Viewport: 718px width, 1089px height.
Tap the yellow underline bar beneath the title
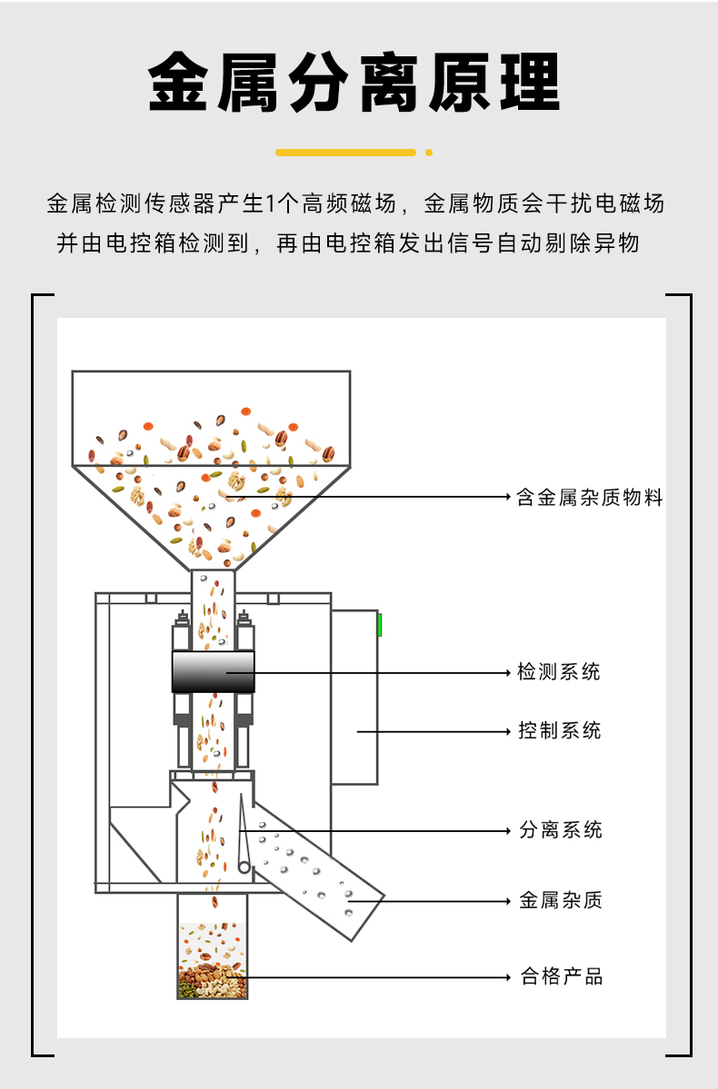[345, 153]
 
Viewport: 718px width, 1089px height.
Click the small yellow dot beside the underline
[429, 153]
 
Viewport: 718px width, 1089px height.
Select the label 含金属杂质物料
[590, 497]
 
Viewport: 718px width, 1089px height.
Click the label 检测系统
[559, 672]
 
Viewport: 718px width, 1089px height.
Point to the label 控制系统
[559, 730]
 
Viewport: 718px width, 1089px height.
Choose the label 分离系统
[560, 829]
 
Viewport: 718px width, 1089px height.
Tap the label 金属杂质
[560, 900]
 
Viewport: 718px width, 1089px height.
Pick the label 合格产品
[561, 976]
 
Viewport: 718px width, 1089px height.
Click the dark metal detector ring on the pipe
[213, 672]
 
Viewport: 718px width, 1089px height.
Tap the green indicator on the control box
[379, 625]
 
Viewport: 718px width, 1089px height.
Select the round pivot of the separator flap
[244, 867]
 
